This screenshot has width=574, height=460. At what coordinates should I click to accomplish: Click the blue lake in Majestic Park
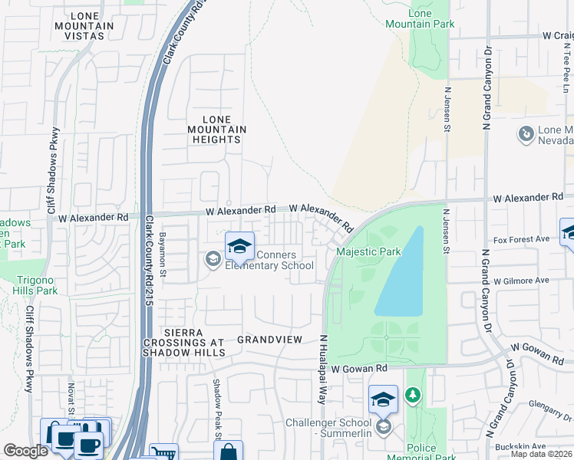(x=402, y=276)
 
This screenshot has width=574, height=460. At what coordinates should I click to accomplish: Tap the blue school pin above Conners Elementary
(x=240, y=246)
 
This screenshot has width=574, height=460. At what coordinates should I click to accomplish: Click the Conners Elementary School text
(x=269, y=261)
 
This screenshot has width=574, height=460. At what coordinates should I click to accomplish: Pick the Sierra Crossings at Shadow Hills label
(x=184, y=342)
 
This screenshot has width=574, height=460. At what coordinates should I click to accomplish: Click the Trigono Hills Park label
(x=35, y=285)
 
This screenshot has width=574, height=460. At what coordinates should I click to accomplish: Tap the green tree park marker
(x=414, y=395)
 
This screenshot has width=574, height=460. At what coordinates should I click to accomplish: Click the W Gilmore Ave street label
(x=522, y=281)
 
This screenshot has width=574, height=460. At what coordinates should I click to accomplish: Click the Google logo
(x=25, y=451)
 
